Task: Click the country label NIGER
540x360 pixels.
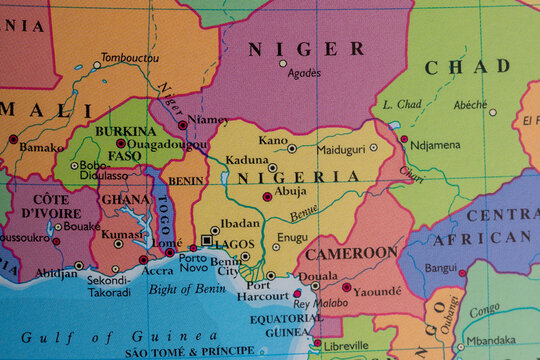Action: [x=306, y=48]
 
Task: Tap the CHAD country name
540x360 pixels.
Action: [x=467, y=67]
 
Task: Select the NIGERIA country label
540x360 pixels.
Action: [x=298, y=177]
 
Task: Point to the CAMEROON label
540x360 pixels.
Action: [x=350, y=253]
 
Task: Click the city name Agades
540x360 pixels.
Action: [x=304, y=73]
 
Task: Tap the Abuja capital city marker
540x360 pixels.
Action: [x=267, y=197]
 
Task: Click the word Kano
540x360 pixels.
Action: [x=273, y=140]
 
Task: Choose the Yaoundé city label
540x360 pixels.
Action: [x=378, y=291]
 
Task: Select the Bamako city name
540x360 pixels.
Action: [x=41, y=147]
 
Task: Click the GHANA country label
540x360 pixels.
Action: [x=125, y=199]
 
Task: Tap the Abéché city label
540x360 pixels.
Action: [x=470, y=104]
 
